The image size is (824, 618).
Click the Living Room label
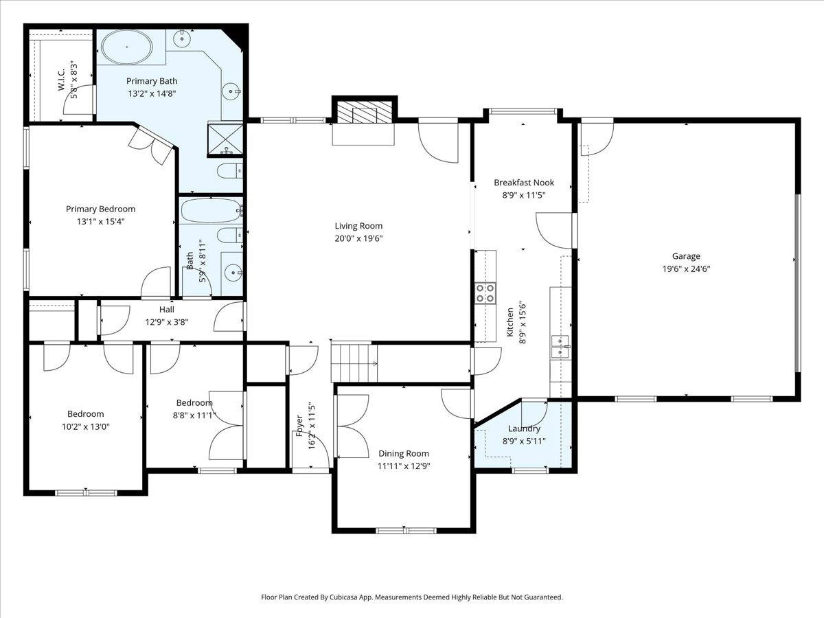(x=358, y=226)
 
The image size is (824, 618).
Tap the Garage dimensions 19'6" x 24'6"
(x=686, y=269)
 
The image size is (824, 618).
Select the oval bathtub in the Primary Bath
(x=127, y=47)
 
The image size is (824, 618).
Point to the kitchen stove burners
(x=485, y=293)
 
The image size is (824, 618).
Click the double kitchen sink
(x=560, y=347)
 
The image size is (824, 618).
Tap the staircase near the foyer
(x=354, y=363)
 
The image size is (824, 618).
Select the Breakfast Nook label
(x=524, y=183)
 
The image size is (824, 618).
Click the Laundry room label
(x=524, y=428)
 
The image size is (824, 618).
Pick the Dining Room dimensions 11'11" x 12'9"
(x=404, y=466)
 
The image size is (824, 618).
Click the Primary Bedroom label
(x=101, y=209)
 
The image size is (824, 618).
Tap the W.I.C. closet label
(x=62, y=79)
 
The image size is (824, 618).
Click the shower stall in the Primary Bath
(x=225, y=139)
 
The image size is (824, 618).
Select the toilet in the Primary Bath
(x=230, y=171)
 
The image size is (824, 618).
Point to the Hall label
(x=167, y=310)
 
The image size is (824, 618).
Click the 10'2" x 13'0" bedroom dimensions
(x=86, y=426)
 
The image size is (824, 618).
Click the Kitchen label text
(x=510, y=322)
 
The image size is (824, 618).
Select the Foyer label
(x=299, y=426)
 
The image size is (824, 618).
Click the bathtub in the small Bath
(x=211, y=211)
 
